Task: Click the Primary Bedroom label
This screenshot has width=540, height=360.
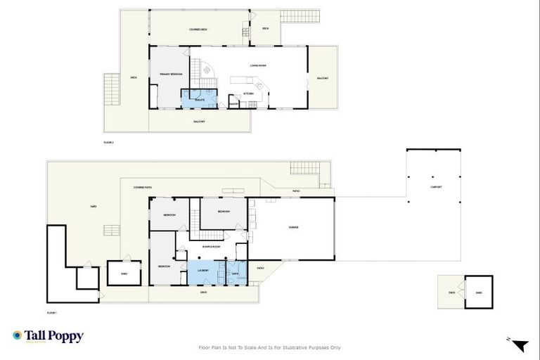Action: click(x=171, y=74)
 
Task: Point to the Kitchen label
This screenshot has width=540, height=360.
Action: click(x=248, y=94)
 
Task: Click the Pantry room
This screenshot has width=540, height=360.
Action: click(x=233, y=105)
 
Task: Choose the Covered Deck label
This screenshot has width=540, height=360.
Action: click(x=198, y=30)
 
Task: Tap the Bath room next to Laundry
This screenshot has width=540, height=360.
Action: click(x=236, y=273)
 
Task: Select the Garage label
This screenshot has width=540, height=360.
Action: click(x=294, y=227)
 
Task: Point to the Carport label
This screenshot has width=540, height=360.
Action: click(x=437, y=187)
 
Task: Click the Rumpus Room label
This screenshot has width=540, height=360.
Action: click(x=212, y=247)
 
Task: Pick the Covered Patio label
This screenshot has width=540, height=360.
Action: click(x=143, y=188)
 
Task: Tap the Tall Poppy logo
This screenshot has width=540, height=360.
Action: click(x=48, y=336)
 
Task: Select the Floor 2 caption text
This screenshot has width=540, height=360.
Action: click(x=108, y=143)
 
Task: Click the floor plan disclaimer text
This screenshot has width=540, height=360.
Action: click(x=270, y=347)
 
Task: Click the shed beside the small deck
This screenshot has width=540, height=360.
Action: click(x=479, y=292)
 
